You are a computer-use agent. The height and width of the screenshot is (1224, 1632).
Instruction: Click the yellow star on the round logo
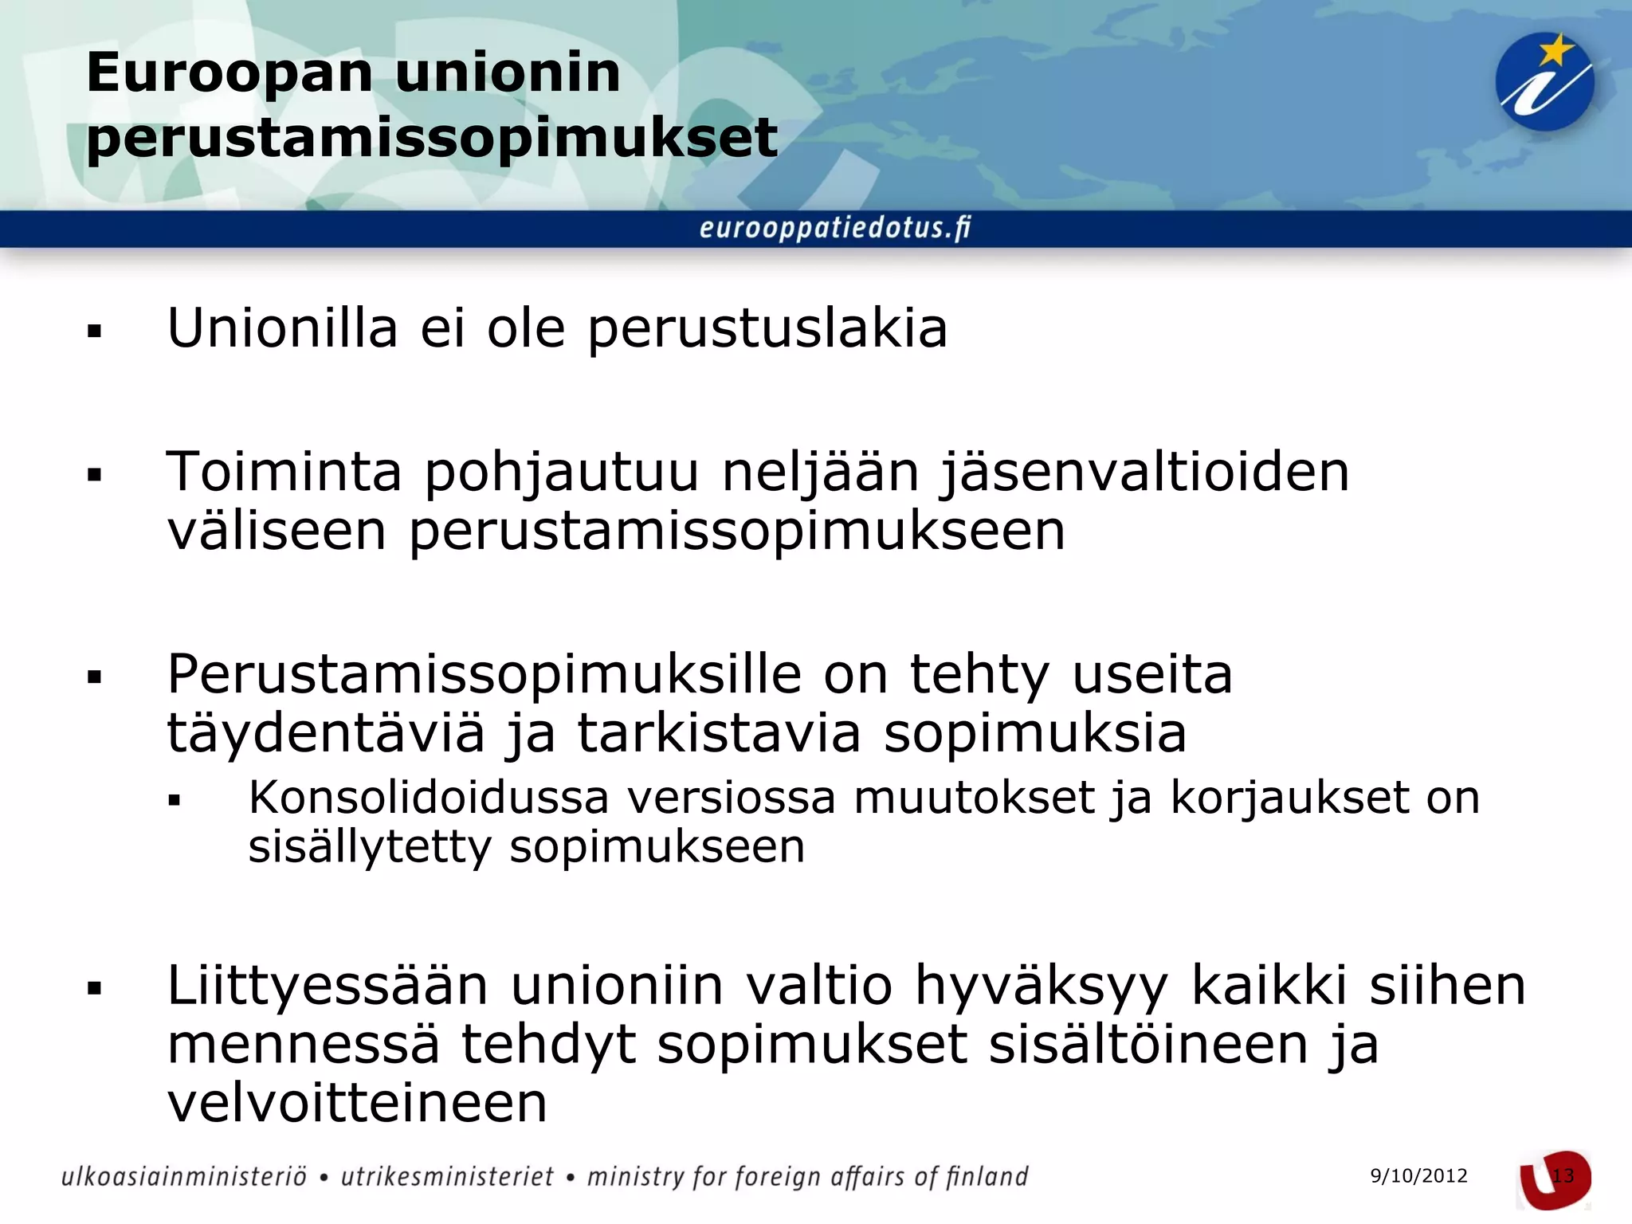point(1555,53)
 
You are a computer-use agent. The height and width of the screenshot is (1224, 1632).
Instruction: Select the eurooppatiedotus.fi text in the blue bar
point(835,229)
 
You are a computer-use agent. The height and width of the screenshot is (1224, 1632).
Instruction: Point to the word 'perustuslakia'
point(767,329)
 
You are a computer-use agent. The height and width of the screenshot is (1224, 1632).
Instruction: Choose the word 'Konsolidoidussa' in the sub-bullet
point(429,797)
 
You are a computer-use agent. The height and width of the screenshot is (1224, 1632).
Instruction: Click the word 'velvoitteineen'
point(357,1103)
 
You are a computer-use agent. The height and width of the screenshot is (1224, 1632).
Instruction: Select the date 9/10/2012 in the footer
point(1418,1176)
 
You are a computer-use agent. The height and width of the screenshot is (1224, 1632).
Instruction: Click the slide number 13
point(1563,1176)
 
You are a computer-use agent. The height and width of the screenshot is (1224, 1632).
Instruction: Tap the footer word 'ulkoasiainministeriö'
point(183,1177)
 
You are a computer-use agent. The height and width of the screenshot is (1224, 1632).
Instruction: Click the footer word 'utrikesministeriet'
point(447,1177)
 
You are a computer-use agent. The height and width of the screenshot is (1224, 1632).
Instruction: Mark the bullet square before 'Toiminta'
point(95,477)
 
